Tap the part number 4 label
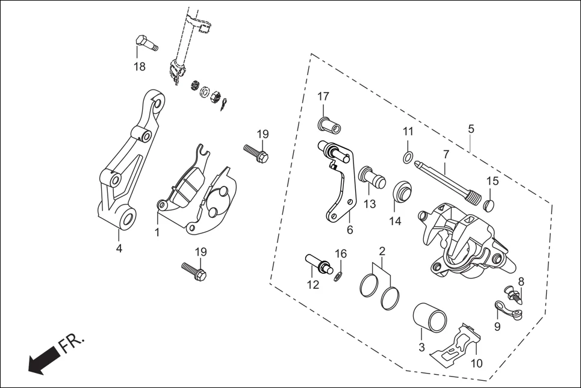pyautogui.click(x=119, y=248)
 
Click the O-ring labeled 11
pyautogui.click(x=408, y=158)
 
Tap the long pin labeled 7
pyautogui.click(x=449, y=173)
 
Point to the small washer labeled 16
pyautogui.click(x=339, y=276)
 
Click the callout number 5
pyautogui.click(x=471, y=129)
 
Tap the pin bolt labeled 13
pyautogui.click(x=371, y=177)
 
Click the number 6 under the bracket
pyautogui.click(x=349, y=230)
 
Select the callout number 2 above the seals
pyautogui.click(x=382, y=251)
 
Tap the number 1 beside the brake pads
pyautogui.click(x=157, y=232)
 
